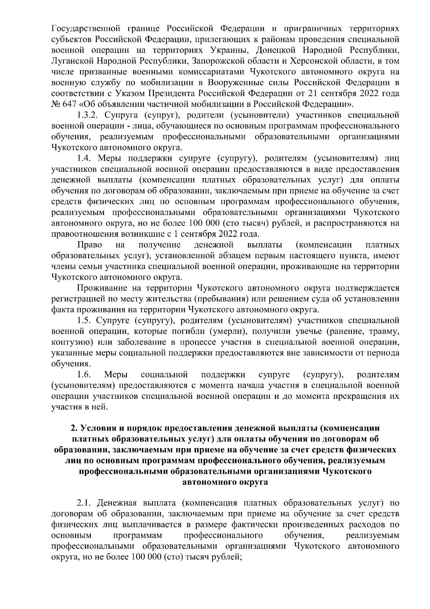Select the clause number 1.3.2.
coord(89,115)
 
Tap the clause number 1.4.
coord(85,158)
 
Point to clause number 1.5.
coord(85,320)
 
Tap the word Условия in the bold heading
coord(97,428)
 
